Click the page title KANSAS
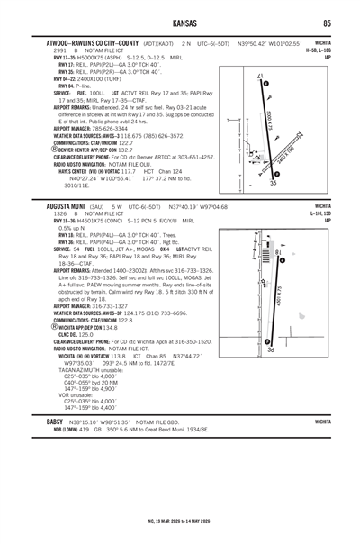[180, 23]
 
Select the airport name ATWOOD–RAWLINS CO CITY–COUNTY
[88, 42]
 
